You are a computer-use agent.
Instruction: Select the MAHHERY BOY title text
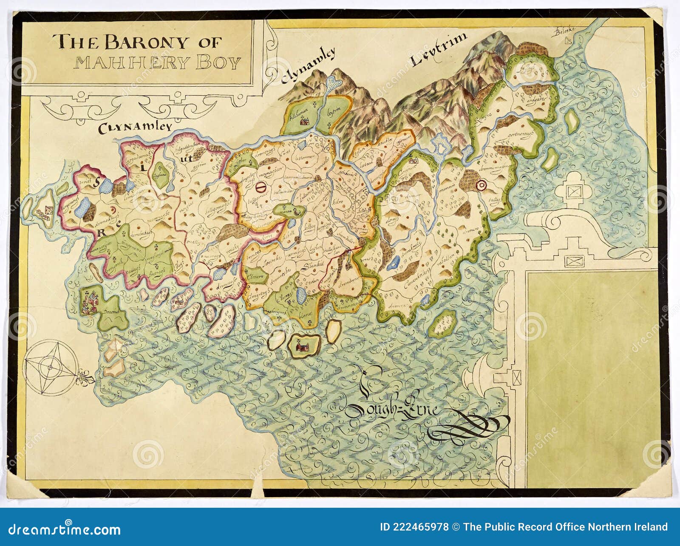pyautogui.click(x=158, y=63)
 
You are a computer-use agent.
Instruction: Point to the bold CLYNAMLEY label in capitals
pyautogui.click(x=135, y=127)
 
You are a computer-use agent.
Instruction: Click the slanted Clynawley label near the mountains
pyautogui.click(x=308, y=66)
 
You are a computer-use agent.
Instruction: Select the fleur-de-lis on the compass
pyautogui.click(x=87, y=377)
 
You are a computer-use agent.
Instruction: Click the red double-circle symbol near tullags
pyautogui.click(x=481, y=185)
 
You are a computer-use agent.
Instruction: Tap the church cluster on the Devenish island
pyautogui.click(x=90, y=301)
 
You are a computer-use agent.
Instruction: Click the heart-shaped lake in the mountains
pyautogui.click(x=334, y=82)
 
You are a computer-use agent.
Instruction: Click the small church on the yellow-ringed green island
pyautogui.click(x=303, y=345)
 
